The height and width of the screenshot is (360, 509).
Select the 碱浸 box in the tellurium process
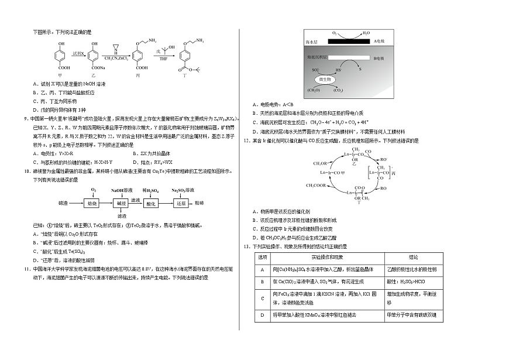[122, 203]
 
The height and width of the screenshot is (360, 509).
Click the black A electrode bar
[348, 42]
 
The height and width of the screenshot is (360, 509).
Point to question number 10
[27, 172]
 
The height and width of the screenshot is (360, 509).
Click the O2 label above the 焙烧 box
[93, 190]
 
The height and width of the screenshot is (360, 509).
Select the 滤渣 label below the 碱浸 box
[122, 216]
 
